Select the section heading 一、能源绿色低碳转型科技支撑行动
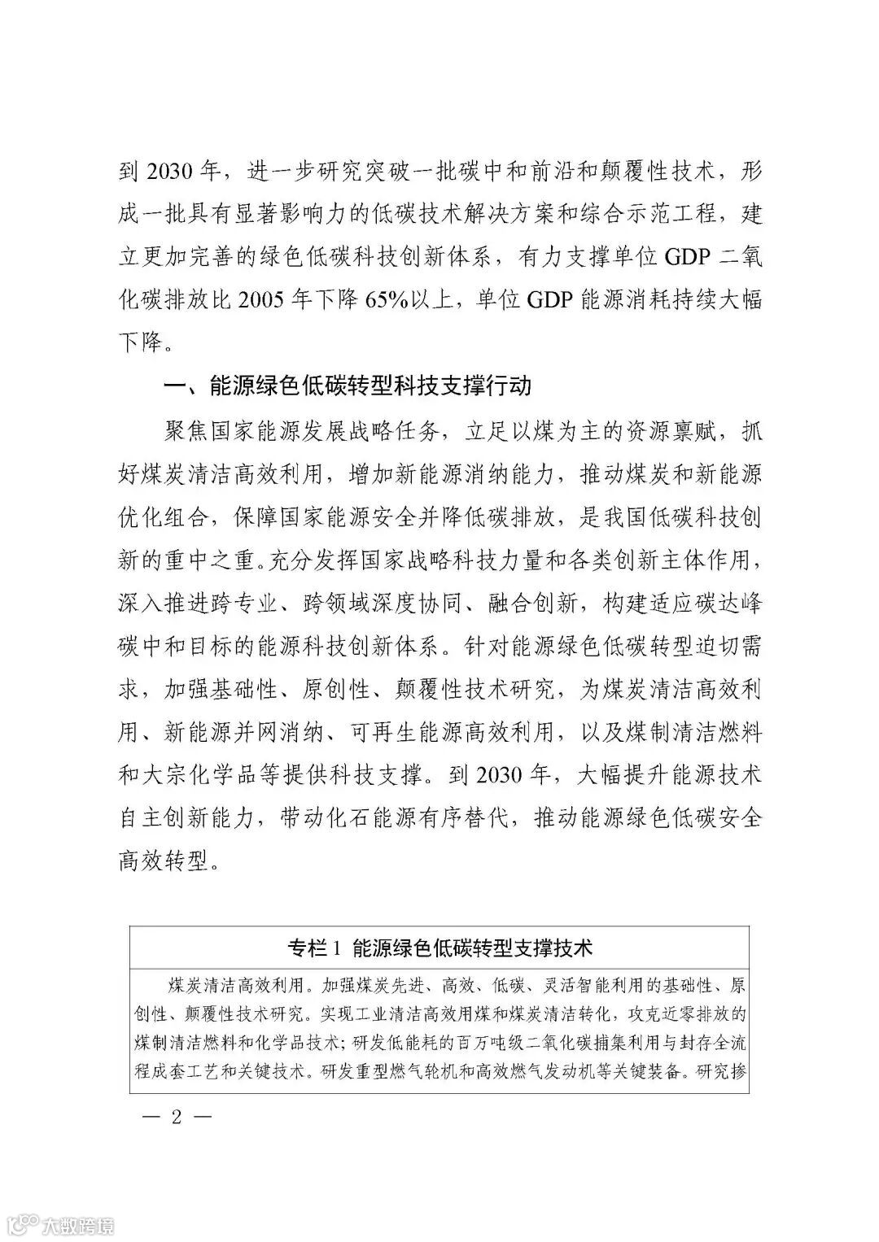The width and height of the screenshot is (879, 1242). tap(348, 385)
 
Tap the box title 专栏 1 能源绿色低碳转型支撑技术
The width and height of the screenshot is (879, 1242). tap(439, 948)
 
